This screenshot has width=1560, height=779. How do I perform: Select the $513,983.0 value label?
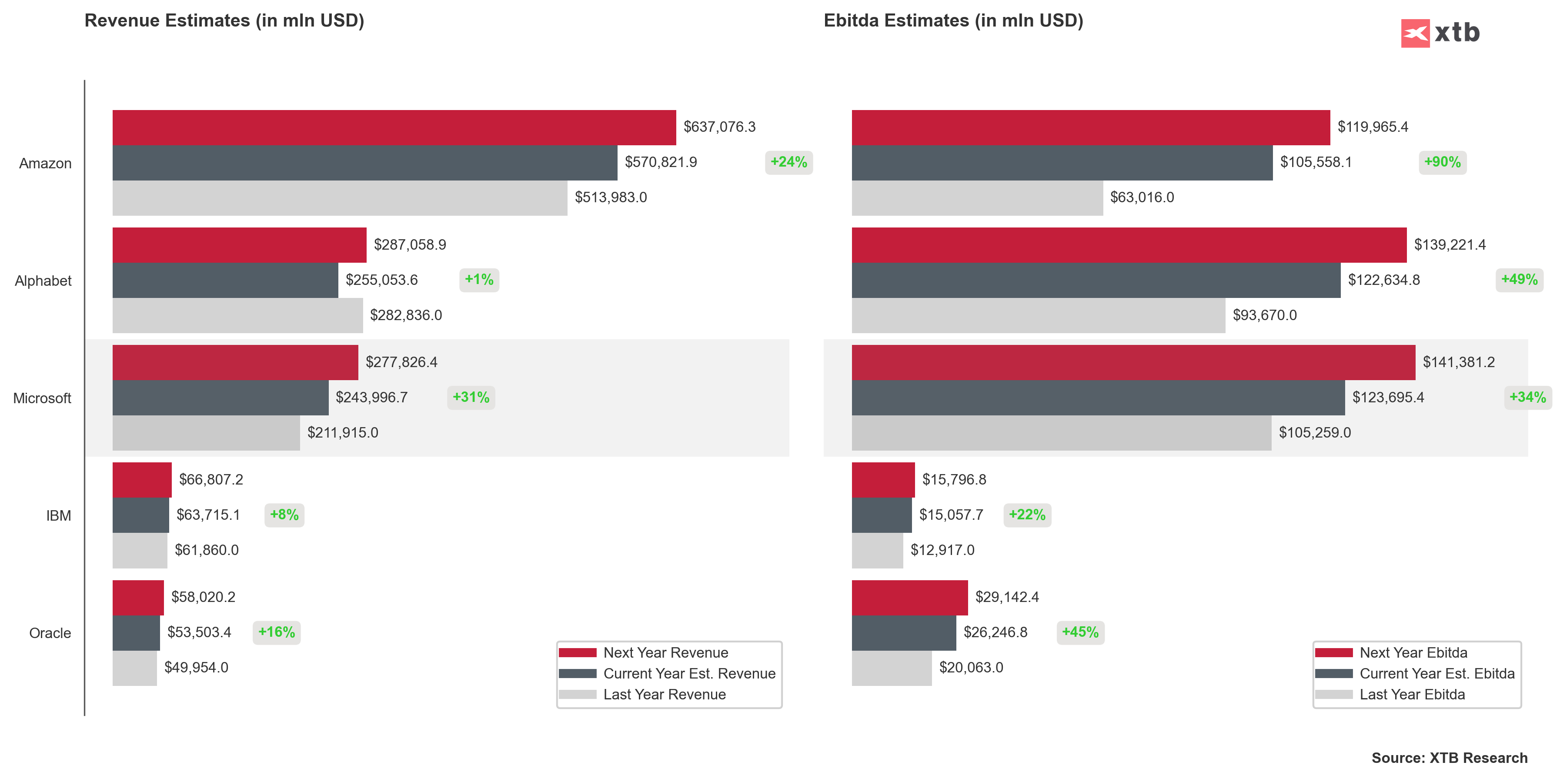point(611,197)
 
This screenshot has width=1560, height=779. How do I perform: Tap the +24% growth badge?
point(788,162)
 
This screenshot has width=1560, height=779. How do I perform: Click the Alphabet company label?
point(43,281)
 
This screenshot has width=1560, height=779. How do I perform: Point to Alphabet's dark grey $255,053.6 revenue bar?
point(225,280)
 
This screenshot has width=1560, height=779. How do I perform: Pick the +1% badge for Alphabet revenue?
point(478,280)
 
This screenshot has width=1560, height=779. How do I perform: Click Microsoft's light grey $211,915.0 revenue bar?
point(206,432)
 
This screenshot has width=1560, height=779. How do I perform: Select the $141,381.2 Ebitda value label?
point(1458,362)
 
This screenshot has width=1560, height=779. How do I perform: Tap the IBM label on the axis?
point(59,515)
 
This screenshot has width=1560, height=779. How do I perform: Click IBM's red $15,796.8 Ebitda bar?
point(883,480)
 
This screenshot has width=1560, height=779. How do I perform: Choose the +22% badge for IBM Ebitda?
point(1027,515)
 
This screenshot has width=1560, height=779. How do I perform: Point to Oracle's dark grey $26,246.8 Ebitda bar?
point(904,632)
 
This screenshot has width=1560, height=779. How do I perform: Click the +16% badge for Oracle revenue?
point(276,632)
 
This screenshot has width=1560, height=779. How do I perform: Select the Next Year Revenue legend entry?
point(665,652)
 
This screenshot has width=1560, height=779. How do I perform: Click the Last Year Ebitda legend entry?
point(1412,694)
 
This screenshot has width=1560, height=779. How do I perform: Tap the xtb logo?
point(1440,33)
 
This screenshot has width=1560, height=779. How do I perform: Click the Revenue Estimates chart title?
point(224,20)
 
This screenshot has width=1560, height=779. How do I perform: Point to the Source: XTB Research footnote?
point(1449,758)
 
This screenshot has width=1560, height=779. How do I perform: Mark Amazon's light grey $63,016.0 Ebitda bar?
point(977,197)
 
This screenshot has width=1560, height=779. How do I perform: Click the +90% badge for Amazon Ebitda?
point(1442,162)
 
